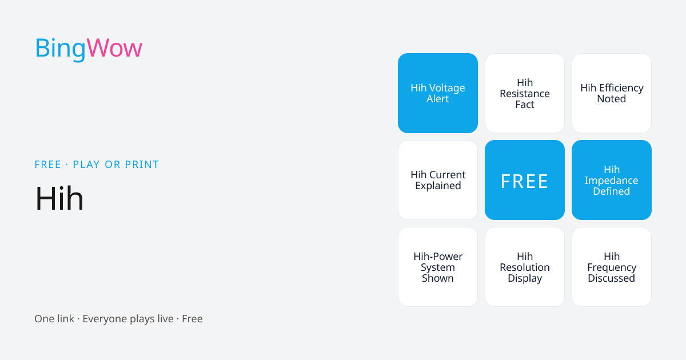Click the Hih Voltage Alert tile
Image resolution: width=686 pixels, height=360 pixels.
pyautogui.click(x=438, y=93)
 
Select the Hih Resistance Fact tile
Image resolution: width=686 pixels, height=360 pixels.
pyautogui.click(x=525, y=93)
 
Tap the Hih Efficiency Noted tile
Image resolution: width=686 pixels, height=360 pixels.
pyautogui.click(x=612, y=93)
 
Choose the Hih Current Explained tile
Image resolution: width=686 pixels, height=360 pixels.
pyautogui.click(x=438, y=180)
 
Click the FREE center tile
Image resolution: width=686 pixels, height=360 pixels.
pyautogui.click(x=525, y=180)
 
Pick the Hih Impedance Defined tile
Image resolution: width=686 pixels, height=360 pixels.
pyautogui.click(x=612, y=180)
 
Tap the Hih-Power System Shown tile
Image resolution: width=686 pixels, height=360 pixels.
pyautogui.click(x=438, y=267)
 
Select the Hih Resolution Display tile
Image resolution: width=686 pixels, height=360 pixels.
pyautogui.click(x=525, y=267)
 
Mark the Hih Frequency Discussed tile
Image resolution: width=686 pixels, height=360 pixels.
pyautogui.click(x=612, y=267)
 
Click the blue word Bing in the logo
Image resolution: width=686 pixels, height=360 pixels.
pyautogui.click(x=61, y=49)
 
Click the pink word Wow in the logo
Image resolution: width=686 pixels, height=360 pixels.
pyautogui.click(x=114, y=48)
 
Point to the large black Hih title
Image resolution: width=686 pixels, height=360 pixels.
pyautogui.click(x=59, y=198)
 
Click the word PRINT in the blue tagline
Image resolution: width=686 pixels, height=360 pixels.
pyautogui.click(x=142, y=165)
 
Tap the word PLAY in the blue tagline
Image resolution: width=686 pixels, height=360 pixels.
pyautogui.click(x=86, y=165)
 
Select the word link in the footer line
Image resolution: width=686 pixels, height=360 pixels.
pyautogui.click(x=64, y=319)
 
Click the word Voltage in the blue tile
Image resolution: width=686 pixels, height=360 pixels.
pyautogui.click(x=447, y=89)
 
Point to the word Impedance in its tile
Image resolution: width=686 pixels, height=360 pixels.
pyautogui.click(x=612, y=181)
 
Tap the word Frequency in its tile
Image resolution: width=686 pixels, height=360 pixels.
pyautogui.click(x=612, y=268)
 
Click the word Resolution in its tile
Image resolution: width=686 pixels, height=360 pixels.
pyautogui.click(x=525, y=267)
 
